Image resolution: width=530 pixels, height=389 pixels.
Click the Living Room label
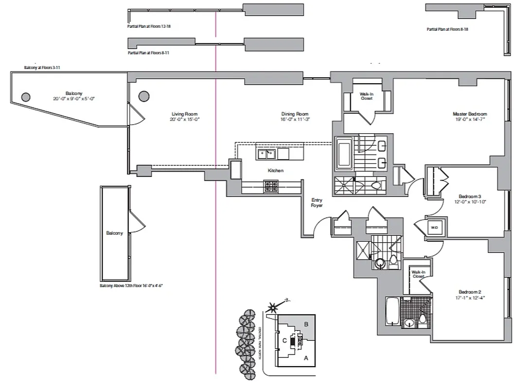click(x=185, y=114)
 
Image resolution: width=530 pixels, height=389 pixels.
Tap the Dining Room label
click(x=295, y=114)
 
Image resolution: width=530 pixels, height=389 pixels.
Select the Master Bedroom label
click(x=469, y=114)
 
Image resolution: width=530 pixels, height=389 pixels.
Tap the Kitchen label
click(x=275, y=171)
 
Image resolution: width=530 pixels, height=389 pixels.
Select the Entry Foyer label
click(x=317, y=203)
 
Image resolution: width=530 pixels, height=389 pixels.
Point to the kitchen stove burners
click(x=271, y=185)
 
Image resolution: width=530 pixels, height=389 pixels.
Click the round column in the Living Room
click(x=143, y=96)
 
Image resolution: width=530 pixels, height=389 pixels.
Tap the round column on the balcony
click(x=25, y=96)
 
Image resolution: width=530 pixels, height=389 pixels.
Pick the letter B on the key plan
click(x=306, y=323)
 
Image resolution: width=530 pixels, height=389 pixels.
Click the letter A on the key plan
click(x=306, y=358)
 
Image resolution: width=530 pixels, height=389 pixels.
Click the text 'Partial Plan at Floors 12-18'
click(x=149, y=26)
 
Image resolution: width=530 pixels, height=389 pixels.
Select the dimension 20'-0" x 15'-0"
click(x=185, y=120)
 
